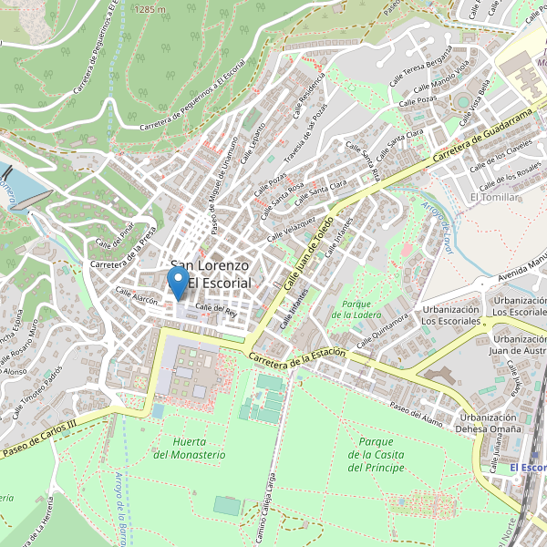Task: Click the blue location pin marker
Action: (x=179, y=282)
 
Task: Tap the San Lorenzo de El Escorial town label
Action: (x=211, y=275)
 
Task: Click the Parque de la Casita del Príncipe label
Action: (x=376, y=454)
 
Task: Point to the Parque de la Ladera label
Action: (x=356, y=309)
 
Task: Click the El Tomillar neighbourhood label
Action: (x=493, y=197)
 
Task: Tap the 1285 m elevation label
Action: (x=150, y=9)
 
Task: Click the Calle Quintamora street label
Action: (x=381, y=331)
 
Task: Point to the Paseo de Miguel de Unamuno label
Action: (x=224, y=173)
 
